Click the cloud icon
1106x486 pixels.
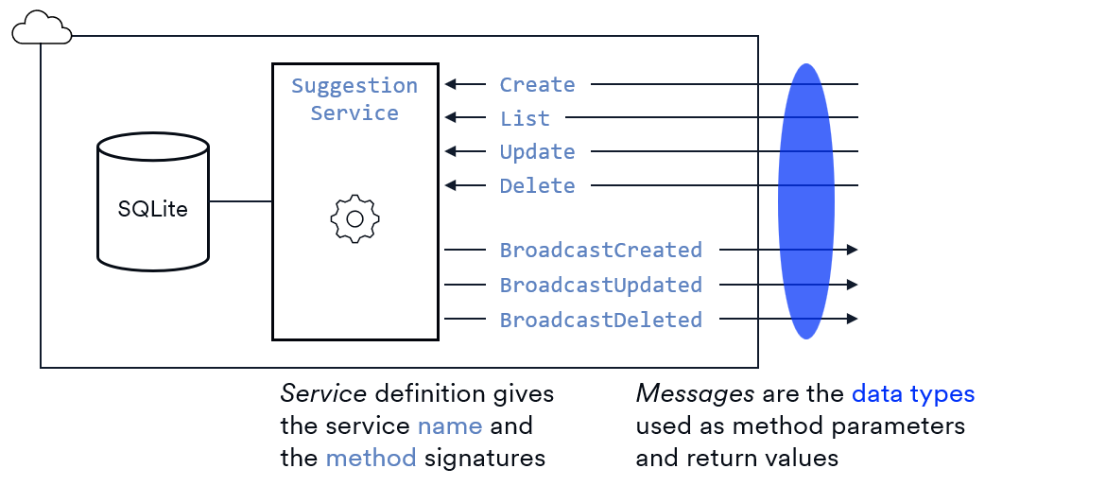pos(42,28)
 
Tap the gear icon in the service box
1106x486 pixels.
pos(354,218)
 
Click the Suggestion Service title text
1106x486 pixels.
pos(354,99)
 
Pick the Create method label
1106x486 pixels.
pos(537,85)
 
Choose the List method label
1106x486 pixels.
pos(525,118)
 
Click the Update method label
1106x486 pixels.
pos(537,152)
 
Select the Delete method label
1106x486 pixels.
pos(537,185)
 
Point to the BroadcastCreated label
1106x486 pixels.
pos(600,251)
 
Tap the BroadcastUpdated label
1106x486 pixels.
pos(600,285)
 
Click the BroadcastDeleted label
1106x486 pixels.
pos(600,320)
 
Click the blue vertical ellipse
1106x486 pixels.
pos(805,200)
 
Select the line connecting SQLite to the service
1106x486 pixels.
pos(240,200)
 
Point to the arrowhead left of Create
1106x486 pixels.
pos(451,84)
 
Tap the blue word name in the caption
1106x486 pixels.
pos(449,425)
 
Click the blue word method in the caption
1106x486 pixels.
pos(371,459)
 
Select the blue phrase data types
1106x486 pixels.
pos(912,393)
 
